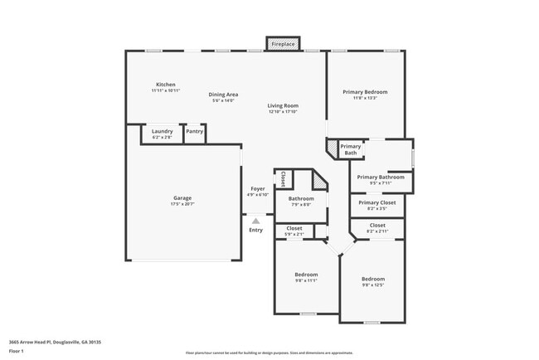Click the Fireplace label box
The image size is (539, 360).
pos(284,43)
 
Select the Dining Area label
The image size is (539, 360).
pos(223,96)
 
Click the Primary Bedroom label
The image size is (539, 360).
pos(365,94)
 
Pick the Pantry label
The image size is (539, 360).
pos(195,131)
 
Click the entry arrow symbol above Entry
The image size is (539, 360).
pos(256,220)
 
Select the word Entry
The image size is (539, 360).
pos(256,230)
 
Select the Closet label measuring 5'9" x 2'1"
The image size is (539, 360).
pos(294,230)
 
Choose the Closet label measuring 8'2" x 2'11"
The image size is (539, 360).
pos(377,227)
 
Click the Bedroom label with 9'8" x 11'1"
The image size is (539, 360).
pos(306,277)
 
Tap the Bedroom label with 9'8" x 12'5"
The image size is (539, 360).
pos(372,282)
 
